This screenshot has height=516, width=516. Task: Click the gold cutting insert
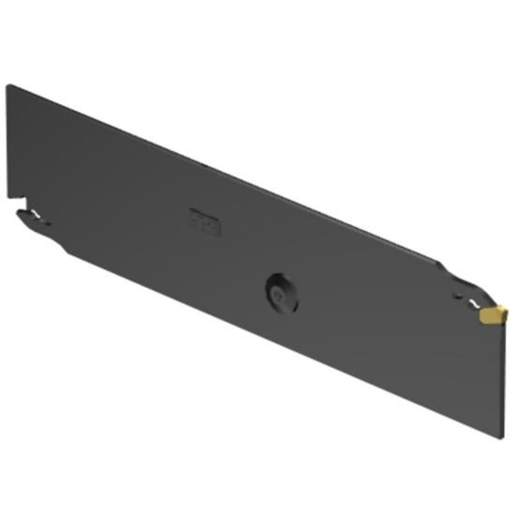(x=492, y=315)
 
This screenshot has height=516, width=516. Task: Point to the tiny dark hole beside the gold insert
(x=457, y=296)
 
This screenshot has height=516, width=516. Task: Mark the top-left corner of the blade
(x=8, y=86)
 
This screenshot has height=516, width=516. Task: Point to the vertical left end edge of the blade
(x=8, y=141)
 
